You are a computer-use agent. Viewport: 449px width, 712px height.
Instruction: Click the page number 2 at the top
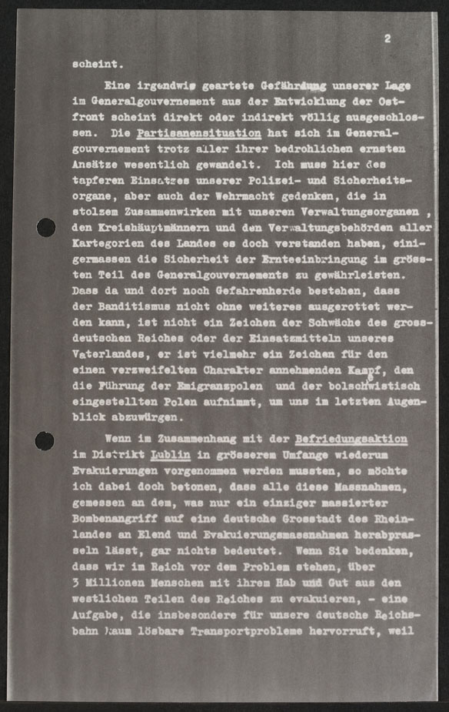coord(387,38)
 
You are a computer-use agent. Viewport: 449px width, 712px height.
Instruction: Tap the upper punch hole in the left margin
coord(45,227)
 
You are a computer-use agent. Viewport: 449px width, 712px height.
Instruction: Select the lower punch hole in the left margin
coord(45,440)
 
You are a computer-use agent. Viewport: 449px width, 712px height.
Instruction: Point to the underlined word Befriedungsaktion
coord(351,439)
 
